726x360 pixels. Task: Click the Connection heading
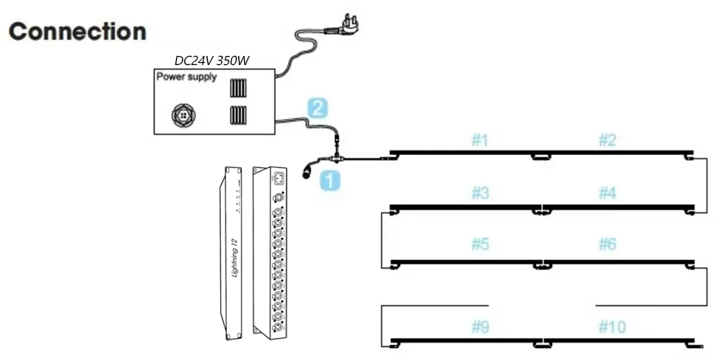pos(77,32)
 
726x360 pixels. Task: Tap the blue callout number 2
pos(318,108)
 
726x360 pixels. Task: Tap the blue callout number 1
pos(329,180)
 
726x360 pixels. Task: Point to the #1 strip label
pos(480,140)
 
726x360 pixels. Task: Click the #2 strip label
pos(607,140)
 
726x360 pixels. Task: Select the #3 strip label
pos(480,194)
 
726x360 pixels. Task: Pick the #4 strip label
pos(607,194)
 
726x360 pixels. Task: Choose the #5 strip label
pos(480,245)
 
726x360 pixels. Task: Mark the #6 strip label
pos(607,245)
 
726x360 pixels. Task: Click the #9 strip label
pos(480,327)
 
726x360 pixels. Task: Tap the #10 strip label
pos(611,327)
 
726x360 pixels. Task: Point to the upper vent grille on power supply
pos(238,88)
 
